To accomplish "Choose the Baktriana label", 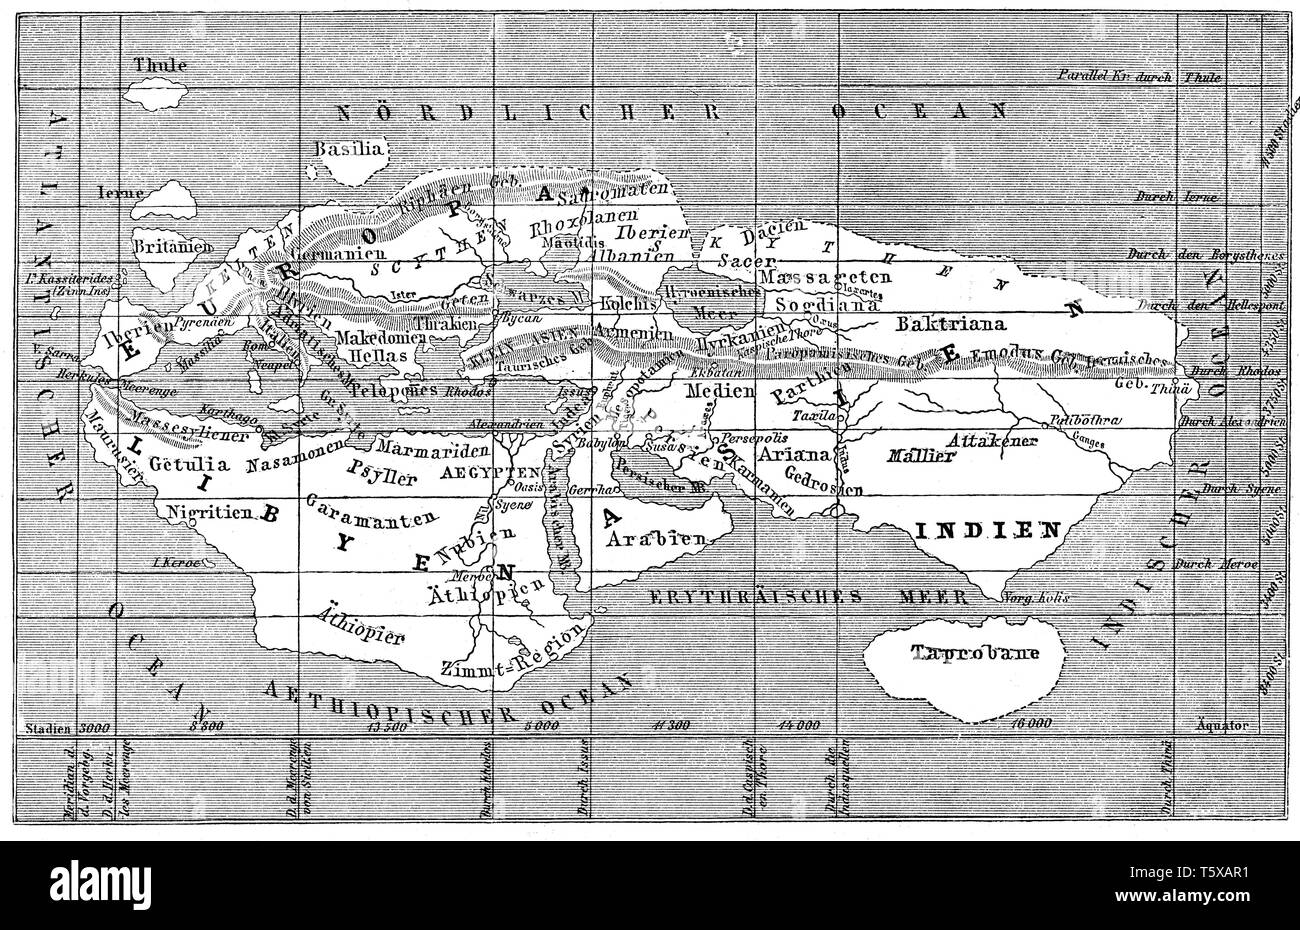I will click(x=940, y=325).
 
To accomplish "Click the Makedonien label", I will click(x=376, y=340).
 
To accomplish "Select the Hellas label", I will click(x=369, y=359).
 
